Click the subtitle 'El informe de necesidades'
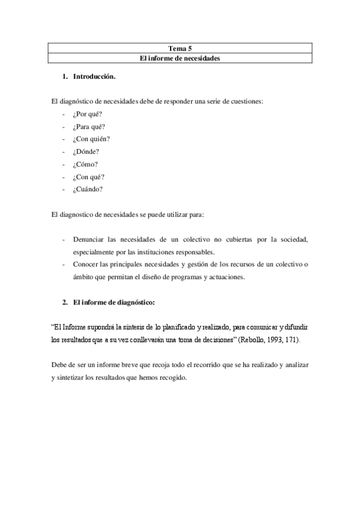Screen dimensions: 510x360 180,58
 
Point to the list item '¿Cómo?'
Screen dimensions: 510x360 85,164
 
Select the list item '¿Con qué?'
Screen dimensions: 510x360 89,177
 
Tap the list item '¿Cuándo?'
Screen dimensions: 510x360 88,189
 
